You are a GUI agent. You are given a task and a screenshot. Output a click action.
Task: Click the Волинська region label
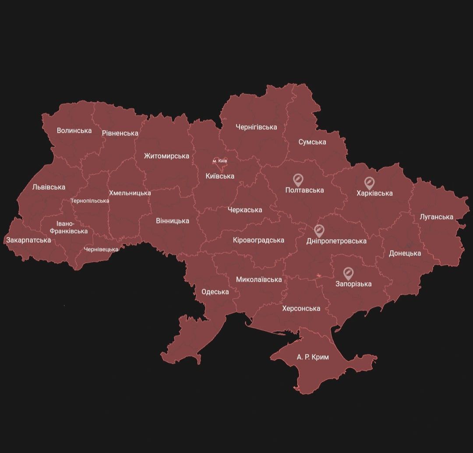(x=74, y=131)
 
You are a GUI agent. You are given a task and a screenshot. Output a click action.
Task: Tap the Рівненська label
(x=120, y=133)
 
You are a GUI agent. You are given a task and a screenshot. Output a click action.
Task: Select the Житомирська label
(x=166, y=156)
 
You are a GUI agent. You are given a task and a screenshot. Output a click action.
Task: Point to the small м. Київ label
(x=220, y=161)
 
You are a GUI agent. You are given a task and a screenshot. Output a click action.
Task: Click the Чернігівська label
(x=256, y=127)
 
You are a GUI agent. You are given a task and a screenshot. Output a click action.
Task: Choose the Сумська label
(x=312, y=142)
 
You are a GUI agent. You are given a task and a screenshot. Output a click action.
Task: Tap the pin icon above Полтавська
(x=298, y=179)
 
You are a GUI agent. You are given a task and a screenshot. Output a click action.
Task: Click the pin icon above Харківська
(x=369, y=182)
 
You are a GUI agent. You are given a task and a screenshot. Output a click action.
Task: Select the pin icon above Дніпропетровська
(x=319, y=230)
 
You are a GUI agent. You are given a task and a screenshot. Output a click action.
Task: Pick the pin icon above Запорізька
(x=348, y=273)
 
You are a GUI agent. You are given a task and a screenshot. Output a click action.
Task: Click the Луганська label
(x=436, y=217)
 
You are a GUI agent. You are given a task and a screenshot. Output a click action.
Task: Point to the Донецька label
(x=405, y=253)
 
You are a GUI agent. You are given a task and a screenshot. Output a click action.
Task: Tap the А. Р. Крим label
(x=313, y=357)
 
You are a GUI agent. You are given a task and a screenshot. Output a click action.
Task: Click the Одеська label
(x=215, y=292)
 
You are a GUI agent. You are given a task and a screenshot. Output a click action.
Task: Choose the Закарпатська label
(x=28, y=240)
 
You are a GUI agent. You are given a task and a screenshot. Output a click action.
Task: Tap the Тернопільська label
(x=90, y=201)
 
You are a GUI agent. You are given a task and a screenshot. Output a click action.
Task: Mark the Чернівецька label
(x=101, y=249)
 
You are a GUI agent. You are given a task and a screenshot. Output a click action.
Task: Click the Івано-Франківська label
(x=68, y=227)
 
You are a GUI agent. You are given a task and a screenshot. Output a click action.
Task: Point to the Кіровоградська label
(x=258, y=240)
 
